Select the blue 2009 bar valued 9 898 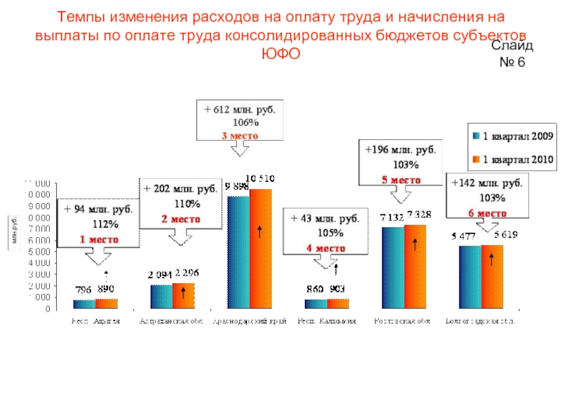239,252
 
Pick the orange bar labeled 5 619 492,276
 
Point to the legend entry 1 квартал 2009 511,135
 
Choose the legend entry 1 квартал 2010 511,160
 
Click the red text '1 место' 98,239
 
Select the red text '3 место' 241,136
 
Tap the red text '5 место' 401,180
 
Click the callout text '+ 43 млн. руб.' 325,219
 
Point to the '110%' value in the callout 187,204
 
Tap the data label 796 84,289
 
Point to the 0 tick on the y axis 46,308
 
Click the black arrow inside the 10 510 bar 260,231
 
